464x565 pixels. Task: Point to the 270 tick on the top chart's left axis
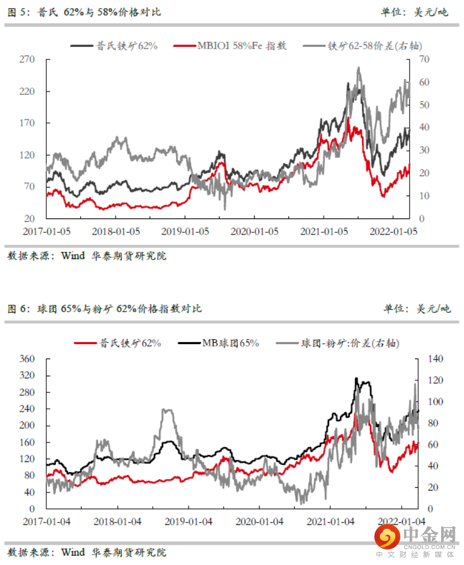[x=28, y=59]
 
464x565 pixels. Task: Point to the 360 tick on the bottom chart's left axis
[x=28, y=359]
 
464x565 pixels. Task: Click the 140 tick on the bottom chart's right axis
[x=432, y=359]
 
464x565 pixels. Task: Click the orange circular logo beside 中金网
[x=387, y=538]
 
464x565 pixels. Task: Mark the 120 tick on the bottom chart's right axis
[x=432, y=381]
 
